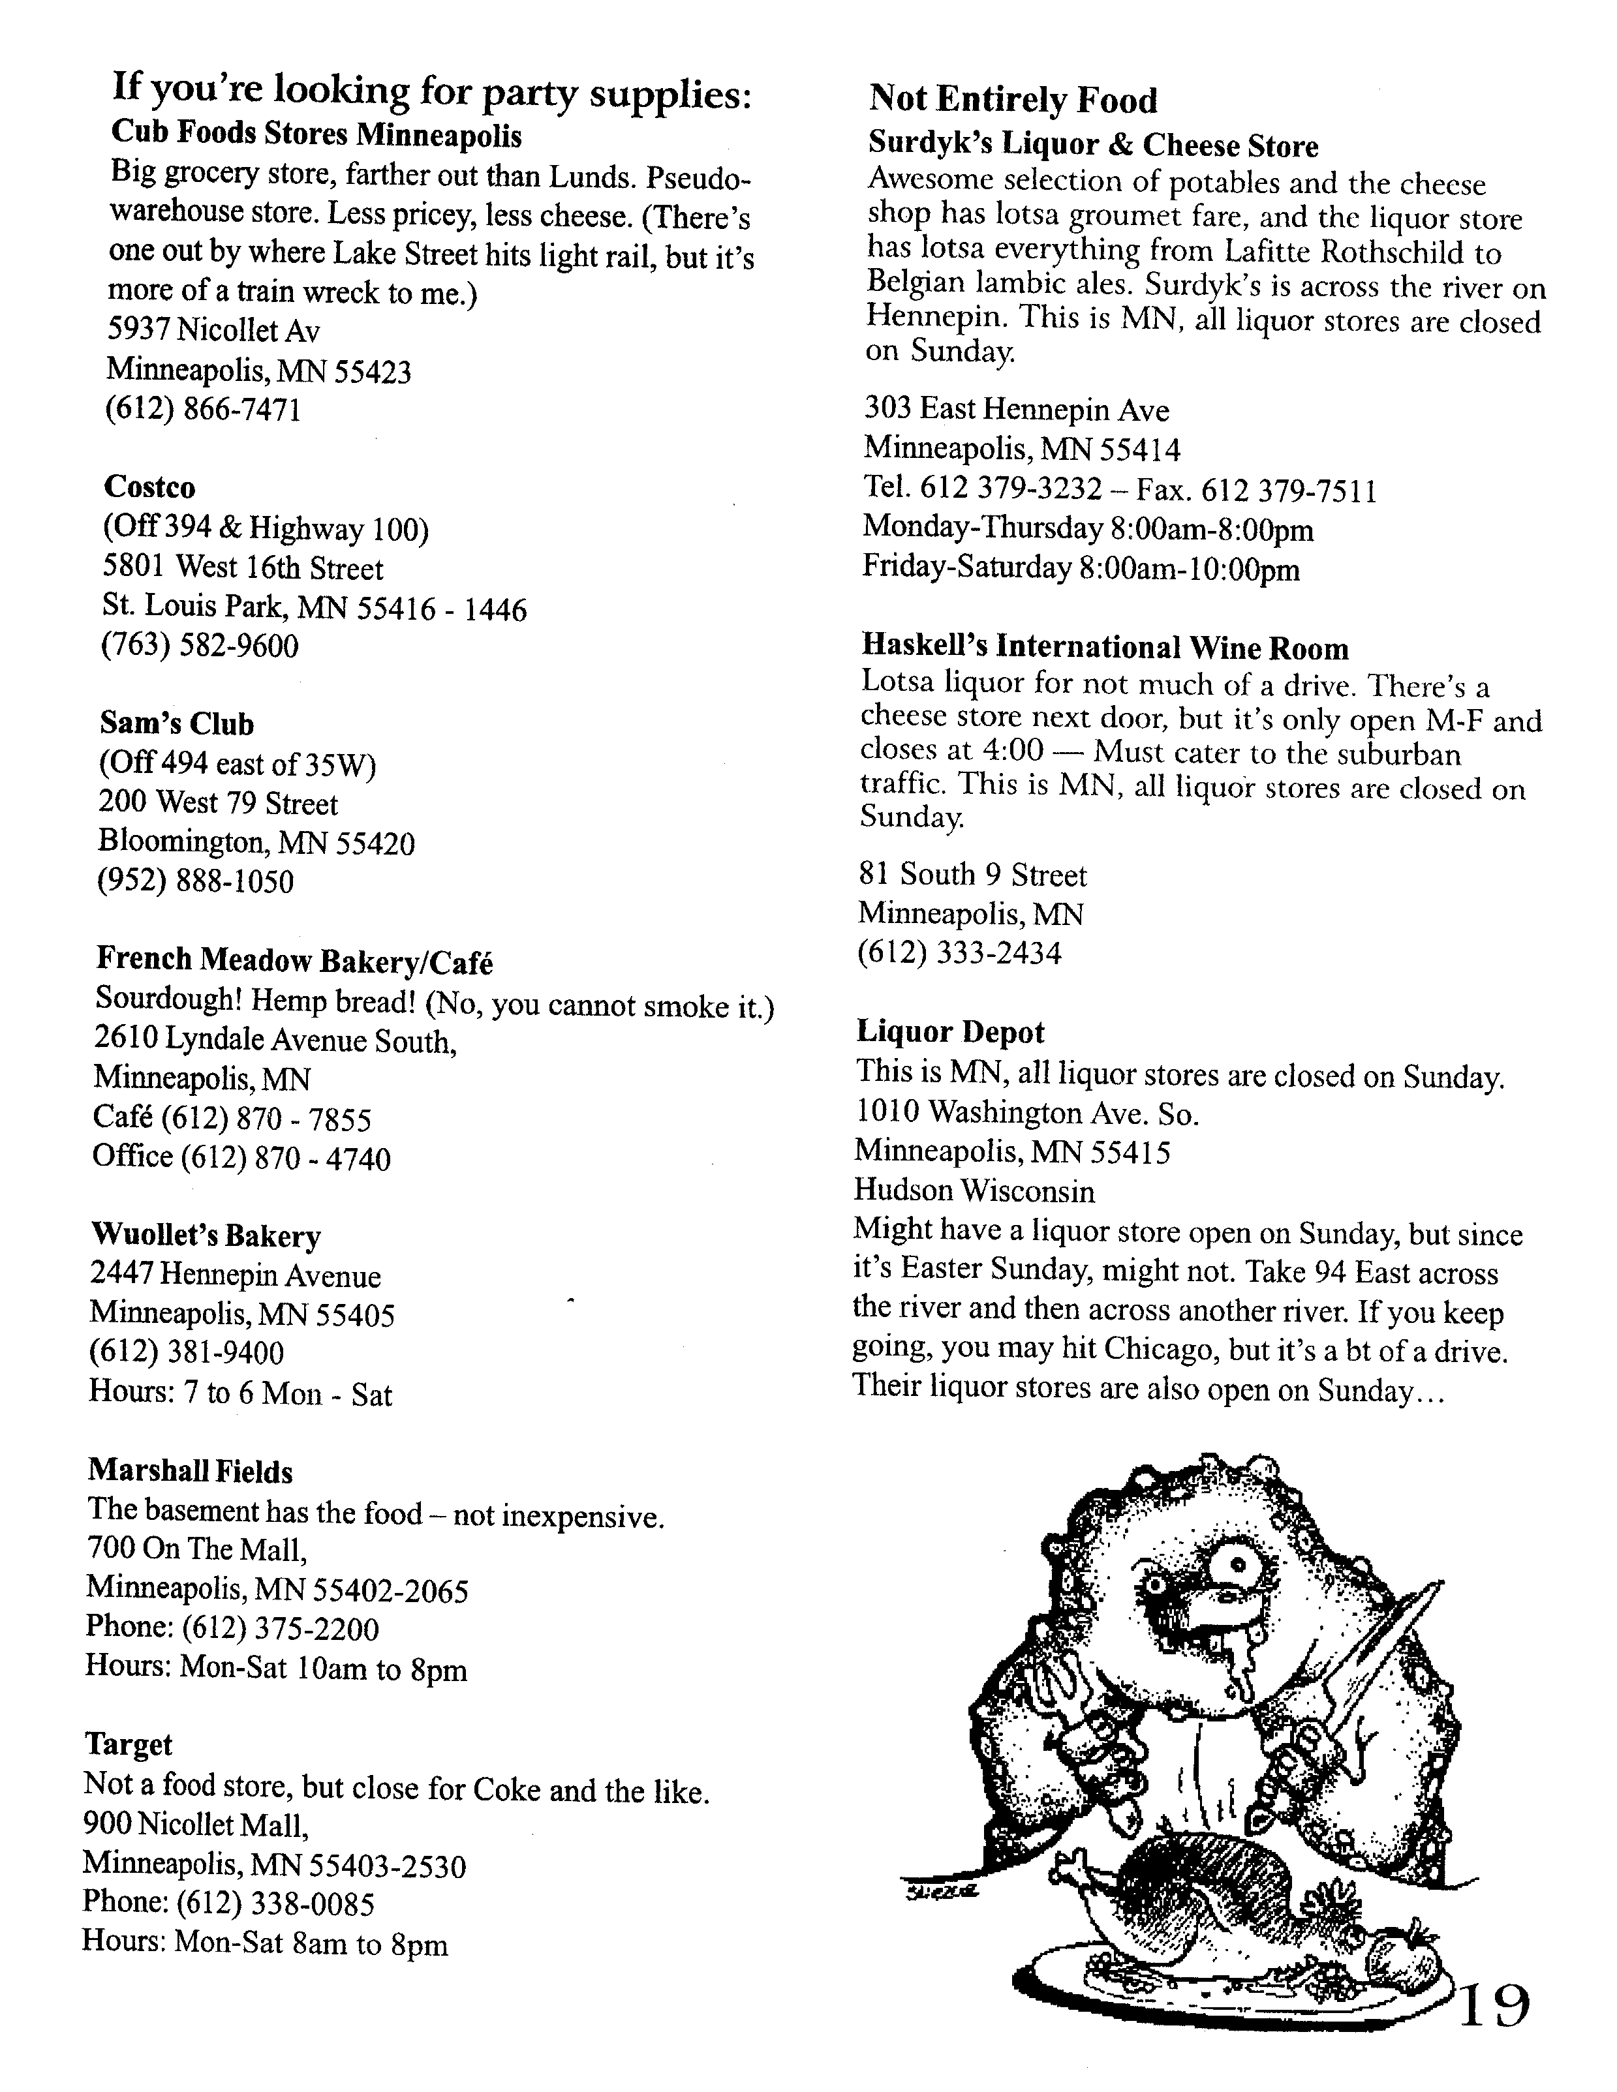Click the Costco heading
point(149,487)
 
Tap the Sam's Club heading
point(176,723)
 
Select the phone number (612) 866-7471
point(203,410)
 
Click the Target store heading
point(129,1744)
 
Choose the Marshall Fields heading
point(190,1471)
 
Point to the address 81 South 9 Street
point(972,875)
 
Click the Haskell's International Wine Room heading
point(1105,648)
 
